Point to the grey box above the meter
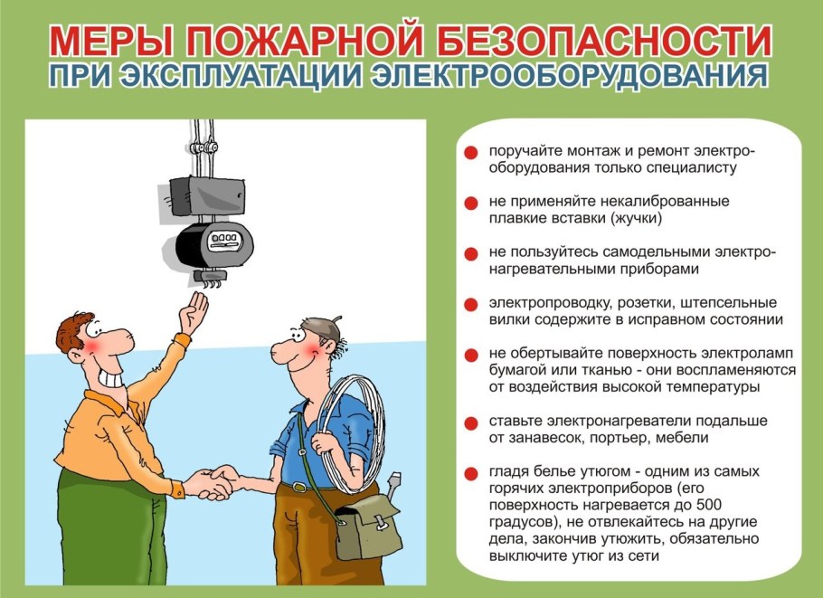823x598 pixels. click(208, 191)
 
